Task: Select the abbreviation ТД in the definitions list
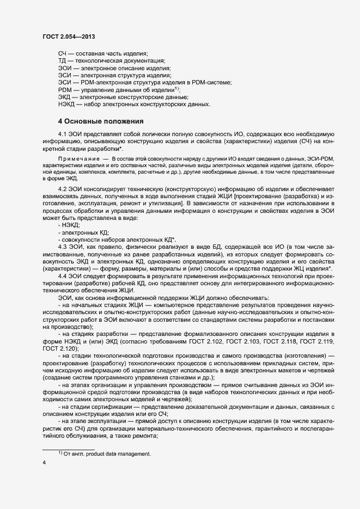pyautogui.click(x=62, y=61)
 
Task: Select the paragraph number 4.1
pyautogui.click(x=63, y=134)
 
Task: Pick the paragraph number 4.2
pyautogui.click(x=63, y=189)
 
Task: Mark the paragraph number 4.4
pyautogui.click(x=63, y=276)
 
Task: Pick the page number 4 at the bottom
pyautogui.click(x=44, y=462)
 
